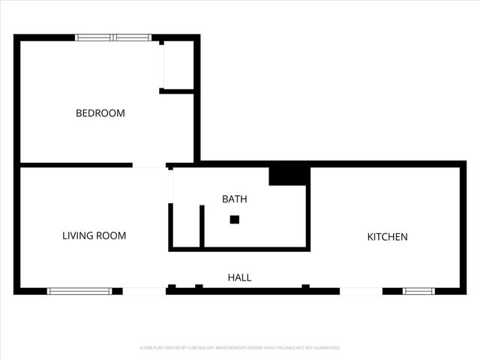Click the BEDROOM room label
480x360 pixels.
(100, 113)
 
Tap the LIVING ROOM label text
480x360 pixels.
(94, 235)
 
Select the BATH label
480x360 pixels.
(234, 199)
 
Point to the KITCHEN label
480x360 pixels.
(387, 237)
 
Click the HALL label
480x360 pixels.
(239, 277)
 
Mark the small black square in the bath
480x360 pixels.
(234, 220)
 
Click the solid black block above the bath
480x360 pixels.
(289, 175)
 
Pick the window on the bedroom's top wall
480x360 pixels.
(113, 37)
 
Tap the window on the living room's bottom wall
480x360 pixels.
(79, 291)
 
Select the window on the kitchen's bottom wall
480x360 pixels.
(418, 291)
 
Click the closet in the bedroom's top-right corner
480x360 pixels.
(178, 66)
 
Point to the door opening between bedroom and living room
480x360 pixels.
(148, 165)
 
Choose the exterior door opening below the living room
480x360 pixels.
(144, 291)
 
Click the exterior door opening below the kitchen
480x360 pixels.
(361, 291)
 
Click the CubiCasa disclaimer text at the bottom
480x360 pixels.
(240, 348)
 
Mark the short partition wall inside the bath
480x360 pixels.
(202, 226)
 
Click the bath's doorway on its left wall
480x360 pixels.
(171, 187)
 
